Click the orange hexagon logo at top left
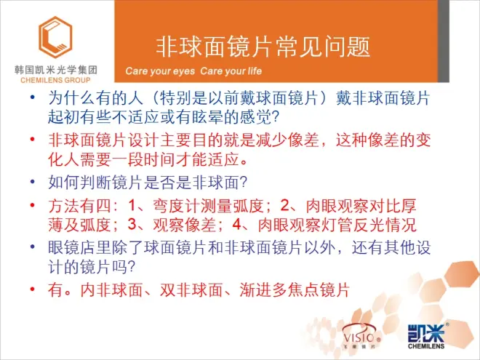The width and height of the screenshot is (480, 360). point(55,37)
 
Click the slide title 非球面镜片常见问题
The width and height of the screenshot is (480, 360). point(263,47)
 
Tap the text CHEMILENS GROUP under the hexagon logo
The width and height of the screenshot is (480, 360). point(55,80)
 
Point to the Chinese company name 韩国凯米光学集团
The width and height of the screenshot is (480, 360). point(56,70)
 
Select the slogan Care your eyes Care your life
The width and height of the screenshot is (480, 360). point(193,71)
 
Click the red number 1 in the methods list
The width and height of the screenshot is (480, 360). point(132,205)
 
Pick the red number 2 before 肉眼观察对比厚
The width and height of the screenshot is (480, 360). point(284,205)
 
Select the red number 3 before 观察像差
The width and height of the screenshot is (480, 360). point(132,225)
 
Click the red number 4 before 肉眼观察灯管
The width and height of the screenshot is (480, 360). point(237,225)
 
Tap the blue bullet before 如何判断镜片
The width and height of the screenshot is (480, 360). point(33,182)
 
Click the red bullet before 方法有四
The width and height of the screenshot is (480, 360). point(33,205)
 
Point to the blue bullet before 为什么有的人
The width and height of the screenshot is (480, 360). point(33,97)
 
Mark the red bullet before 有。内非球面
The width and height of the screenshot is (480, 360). point(33,289)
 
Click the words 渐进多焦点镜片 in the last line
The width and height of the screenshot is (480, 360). point(295,289)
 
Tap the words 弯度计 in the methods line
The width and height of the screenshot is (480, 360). point(177,206)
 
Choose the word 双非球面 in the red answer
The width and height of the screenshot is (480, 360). point(191,289)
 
